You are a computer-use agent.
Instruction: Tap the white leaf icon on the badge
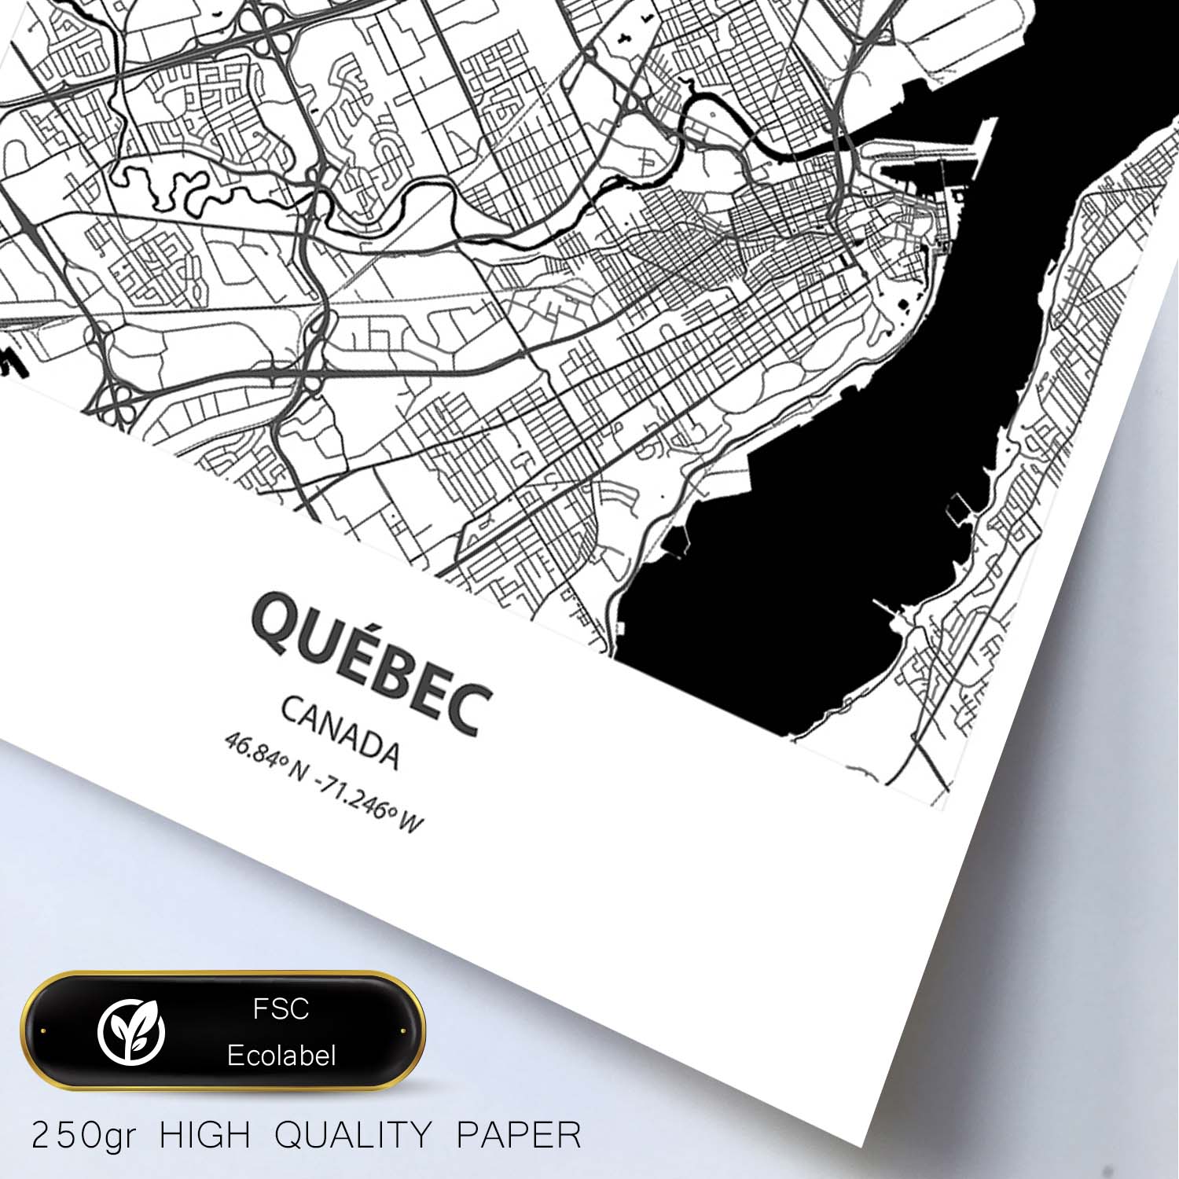pyautogui.click(x=131, y=1030)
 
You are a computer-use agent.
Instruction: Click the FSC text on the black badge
pyautogui.click(x=281, y=1009)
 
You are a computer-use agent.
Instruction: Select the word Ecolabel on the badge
pyautogui.click(x=281, y=1056)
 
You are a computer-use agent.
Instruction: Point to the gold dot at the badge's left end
pyautogui.click(x=43, y=1030)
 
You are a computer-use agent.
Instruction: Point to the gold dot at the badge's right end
pyautogui.click(x=402, y=1030)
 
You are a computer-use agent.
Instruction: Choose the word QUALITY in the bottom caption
pyautogui.click(x=354, y=1136)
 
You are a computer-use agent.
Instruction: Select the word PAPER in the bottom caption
pyautogui.click(x=519, y=1136)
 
